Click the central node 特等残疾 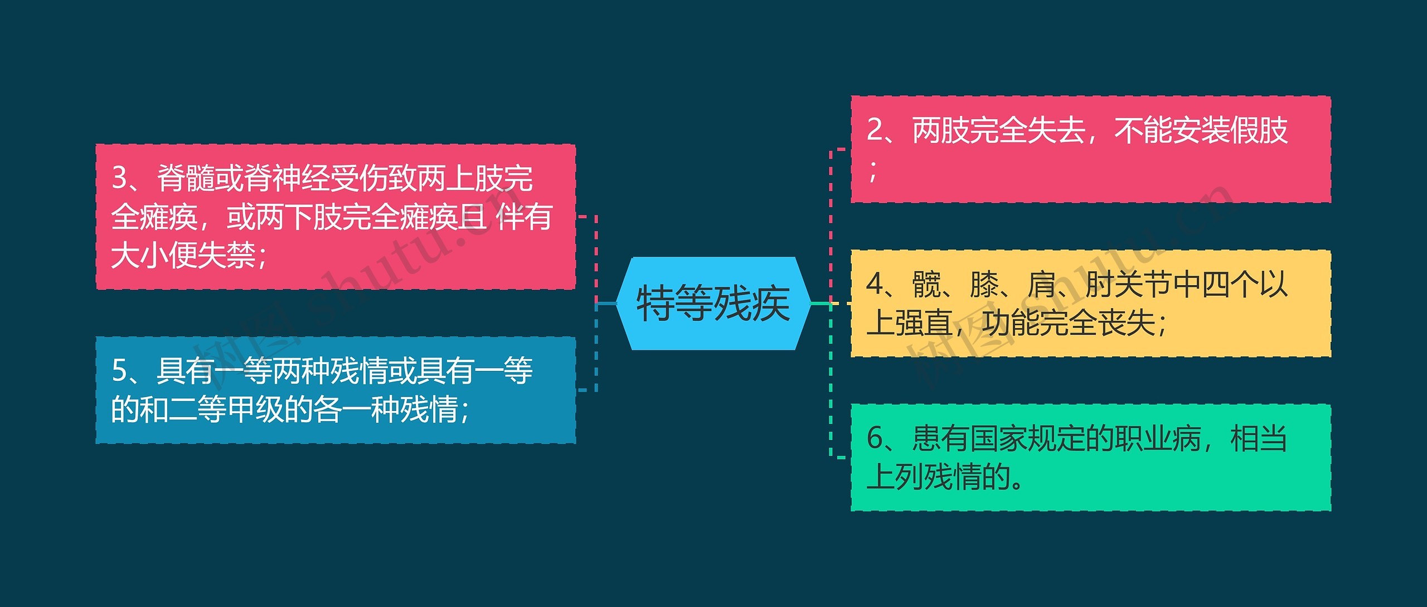tap(713, 303)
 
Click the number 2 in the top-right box tap(875, 130)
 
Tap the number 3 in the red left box tap(120, 178)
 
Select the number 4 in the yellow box tap(875, 284)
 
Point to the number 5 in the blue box tap(120, 371)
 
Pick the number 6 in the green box tap(875, 439)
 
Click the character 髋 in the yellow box tap(926, 284)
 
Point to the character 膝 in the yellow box tap(984, 284)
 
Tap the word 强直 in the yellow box tap(924, 323)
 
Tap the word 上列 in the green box tap(895, 477)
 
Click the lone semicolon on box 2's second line tap(873, 170)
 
